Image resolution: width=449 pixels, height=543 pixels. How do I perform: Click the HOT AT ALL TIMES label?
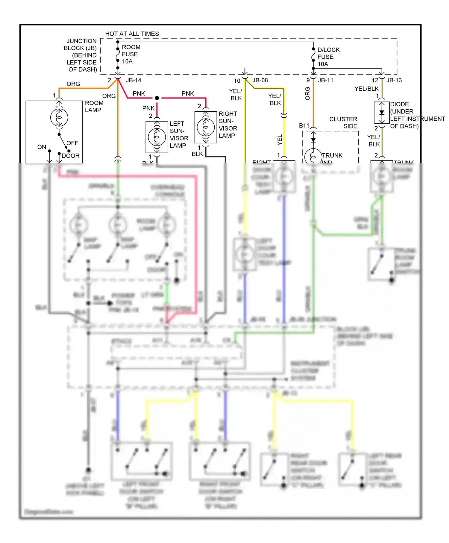[132, 34]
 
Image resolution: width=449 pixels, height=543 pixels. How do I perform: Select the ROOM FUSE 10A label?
[131, 54]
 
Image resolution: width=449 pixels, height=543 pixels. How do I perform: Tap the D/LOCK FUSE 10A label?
[328, 57]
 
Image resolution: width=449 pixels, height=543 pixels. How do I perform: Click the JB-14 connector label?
[134, 80]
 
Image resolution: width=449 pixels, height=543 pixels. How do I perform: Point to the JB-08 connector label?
[260, 80]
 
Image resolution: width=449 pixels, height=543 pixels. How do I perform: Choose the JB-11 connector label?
[325, 80]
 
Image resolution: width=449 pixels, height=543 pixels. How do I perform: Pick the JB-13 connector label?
[394, 80]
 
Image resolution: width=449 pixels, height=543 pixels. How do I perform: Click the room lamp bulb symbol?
[59, 118]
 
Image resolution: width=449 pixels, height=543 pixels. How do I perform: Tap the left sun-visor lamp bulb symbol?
[157, 137]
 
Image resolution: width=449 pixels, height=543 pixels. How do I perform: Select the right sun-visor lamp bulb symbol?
[206, 127]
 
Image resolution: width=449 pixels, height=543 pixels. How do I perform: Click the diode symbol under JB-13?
[382, 113]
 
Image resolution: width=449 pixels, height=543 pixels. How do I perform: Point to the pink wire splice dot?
[157, 98]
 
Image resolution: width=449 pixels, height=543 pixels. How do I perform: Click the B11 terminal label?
[304, 126]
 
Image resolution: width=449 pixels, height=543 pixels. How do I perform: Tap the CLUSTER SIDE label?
[343, 122]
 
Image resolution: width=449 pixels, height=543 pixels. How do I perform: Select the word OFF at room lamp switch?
[72, 143]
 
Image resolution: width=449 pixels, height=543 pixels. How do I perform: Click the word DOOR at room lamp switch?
[71, 156]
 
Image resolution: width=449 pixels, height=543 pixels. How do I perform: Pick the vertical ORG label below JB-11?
[307, 93]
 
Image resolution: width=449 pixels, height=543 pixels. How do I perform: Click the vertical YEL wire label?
[280, 140]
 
